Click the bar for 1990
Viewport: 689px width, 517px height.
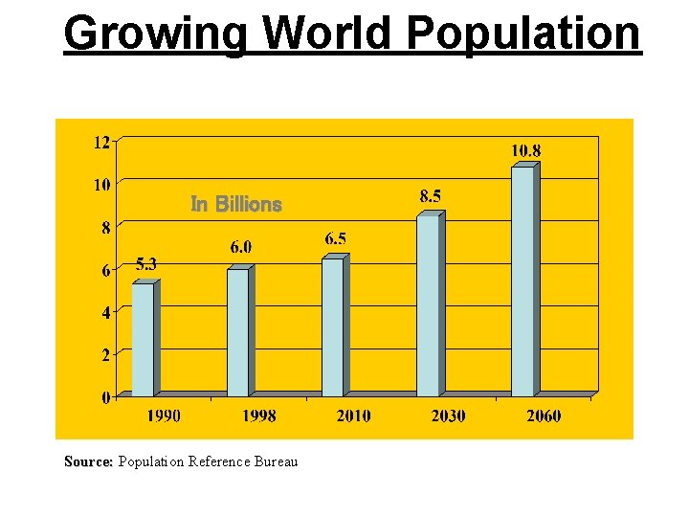tap(144, 339)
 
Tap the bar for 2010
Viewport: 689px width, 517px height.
tap(333, 326)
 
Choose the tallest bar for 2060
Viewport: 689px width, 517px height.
tap(523, 281)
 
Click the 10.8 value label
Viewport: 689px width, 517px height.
tap(525, 150)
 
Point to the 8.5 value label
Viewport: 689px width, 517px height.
tap(431, 196)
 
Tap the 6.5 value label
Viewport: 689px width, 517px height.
tap(335, 238)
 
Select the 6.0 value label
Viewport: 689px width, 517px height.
tap(241, 247)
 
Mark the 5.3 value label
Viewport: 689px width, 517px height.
tap(146, 263)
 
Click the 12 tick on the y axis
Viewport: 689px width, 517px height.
tap(100, 143)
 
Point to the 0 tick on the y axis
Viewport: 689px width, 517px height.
tap(105, 397)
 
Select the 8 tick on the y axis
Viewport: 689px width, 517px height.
tap(105, 228)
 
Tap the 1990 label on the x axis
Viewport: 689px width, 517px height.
tap(163, 416)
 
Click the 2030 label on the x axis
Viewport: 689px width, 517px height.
tap(448, 416)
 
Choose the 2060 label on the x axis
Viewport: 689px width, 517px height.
tap(544, 416)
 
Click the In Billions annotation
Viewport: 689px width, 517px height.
tap(236, 204)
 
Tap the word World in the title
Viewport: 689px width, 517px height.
tap(326, 33)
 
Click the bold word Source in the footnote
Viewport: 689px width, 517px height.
tap(87, 461)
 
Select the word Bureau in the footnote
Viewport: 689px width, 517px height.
tap(276, 461)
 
